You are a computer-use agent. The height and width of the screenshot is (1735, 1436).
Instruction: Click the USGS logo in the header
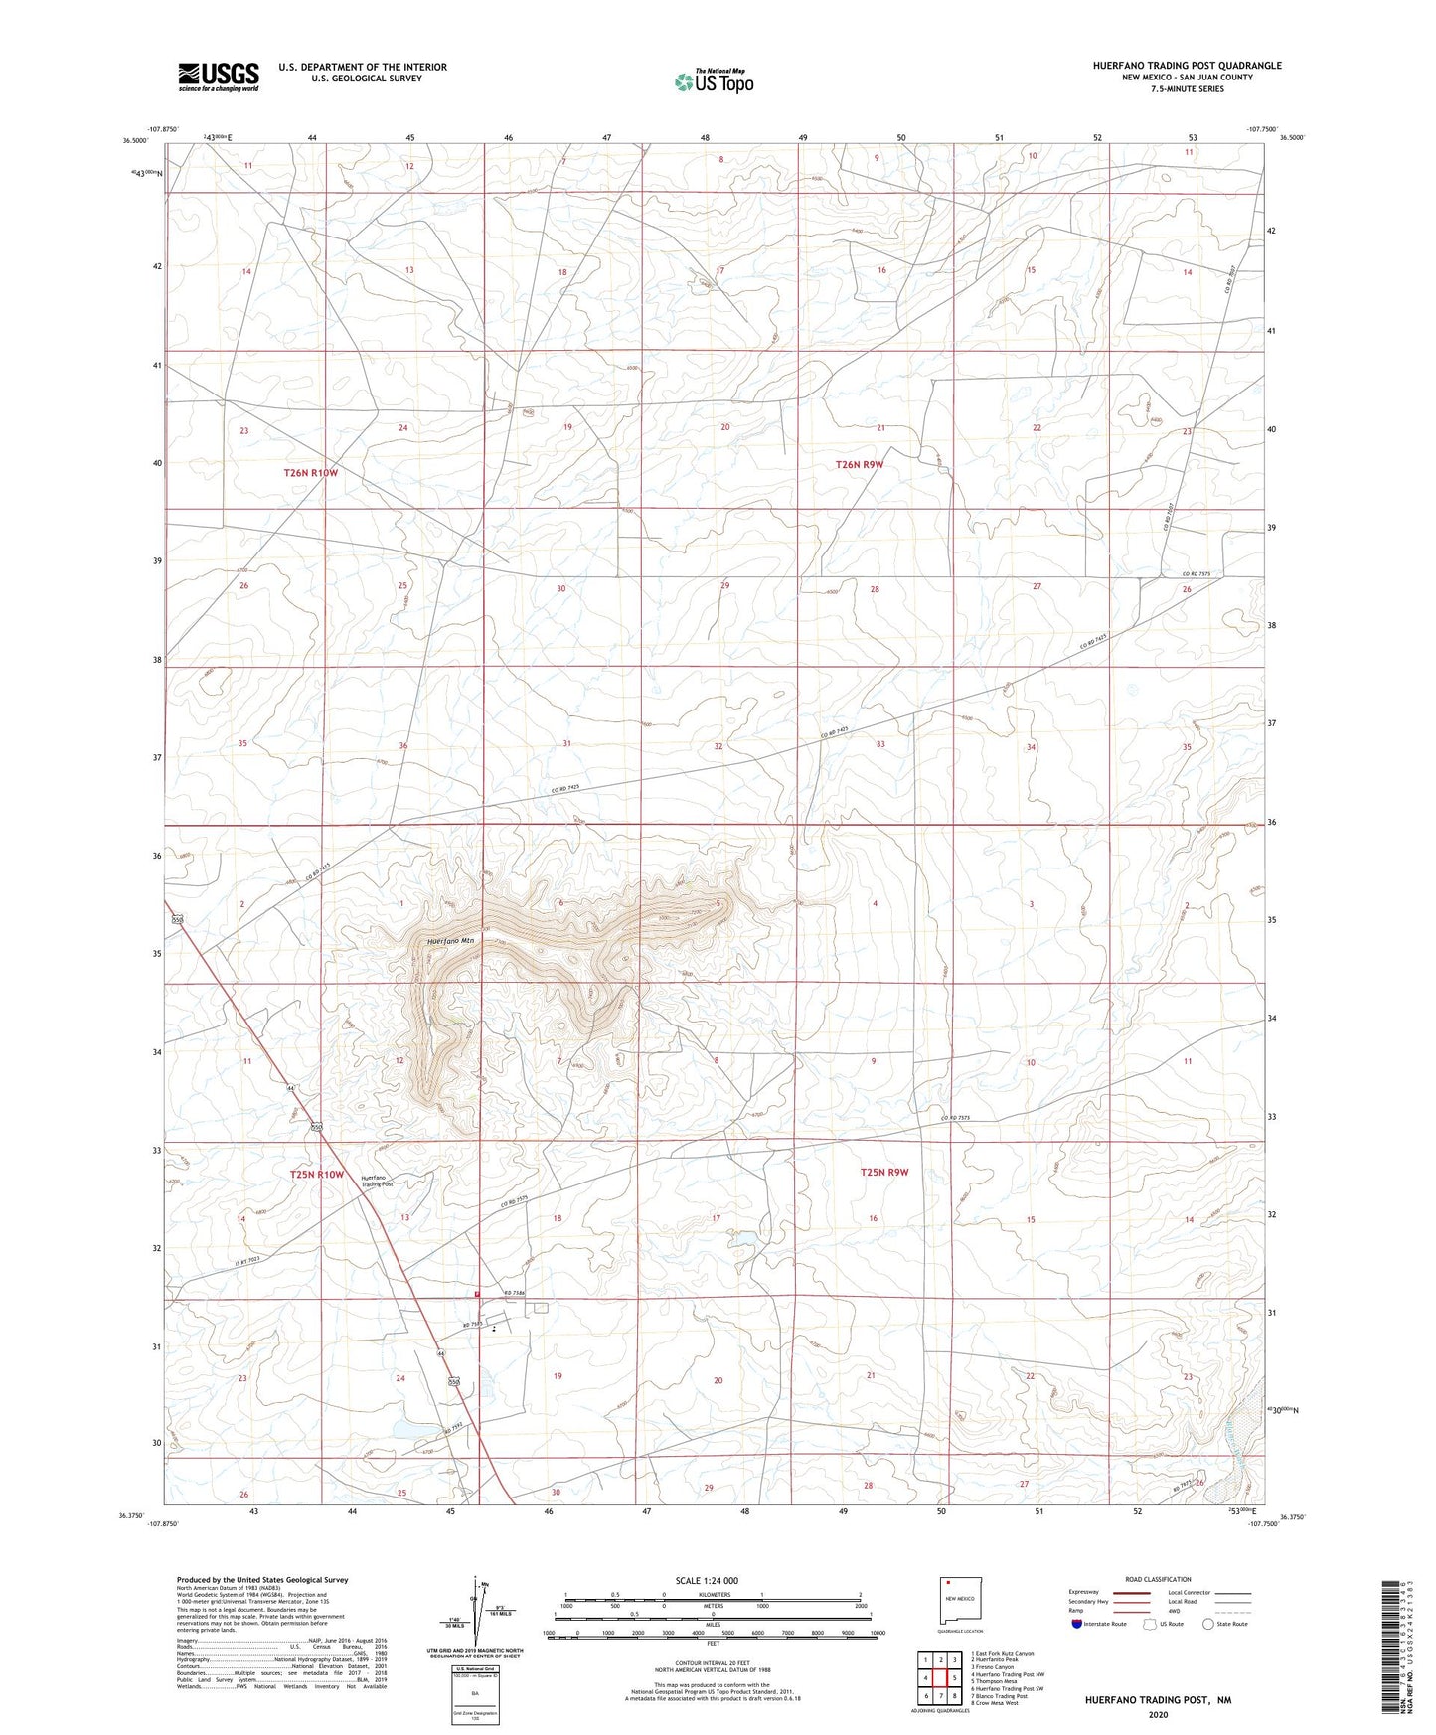pos(219,77)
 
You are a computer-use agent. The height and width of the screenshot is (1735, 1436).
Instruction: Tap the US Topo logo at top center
pos(713,81)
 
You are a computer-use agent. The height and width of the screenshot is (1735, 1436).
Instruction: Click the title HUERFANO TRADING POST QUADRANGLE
pos(1187,66)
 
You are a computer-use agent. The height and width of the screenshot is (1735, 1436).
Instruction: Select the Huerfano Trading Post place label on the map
pos(377,1181)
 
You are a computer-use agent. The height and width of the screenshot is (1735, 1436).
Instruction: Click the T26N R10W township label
pos(311,473)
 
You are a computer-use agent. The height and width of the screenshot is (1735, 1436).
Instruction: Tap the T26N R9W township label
pos(860,464)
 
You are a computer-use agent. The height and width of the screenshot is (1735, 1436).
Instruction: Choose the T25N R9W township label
pos(884,1172)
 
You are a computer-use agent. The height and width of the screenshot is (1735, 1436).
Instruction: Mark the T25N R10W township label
pos(317,1175)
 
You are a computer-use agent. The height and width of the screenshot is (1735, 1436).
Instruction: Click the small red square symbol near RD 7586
pos(478,1293)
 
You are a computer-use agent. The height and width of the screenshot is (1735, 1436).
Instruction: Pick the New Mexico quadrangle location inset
pos(961,1602)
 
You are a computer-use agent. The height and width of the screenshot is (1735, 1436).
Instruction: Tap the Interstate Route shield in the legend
pos(1078,1624)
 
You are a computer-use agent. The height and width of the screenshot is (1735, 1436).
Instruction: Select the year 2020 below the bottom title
pos(1158,1714)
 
